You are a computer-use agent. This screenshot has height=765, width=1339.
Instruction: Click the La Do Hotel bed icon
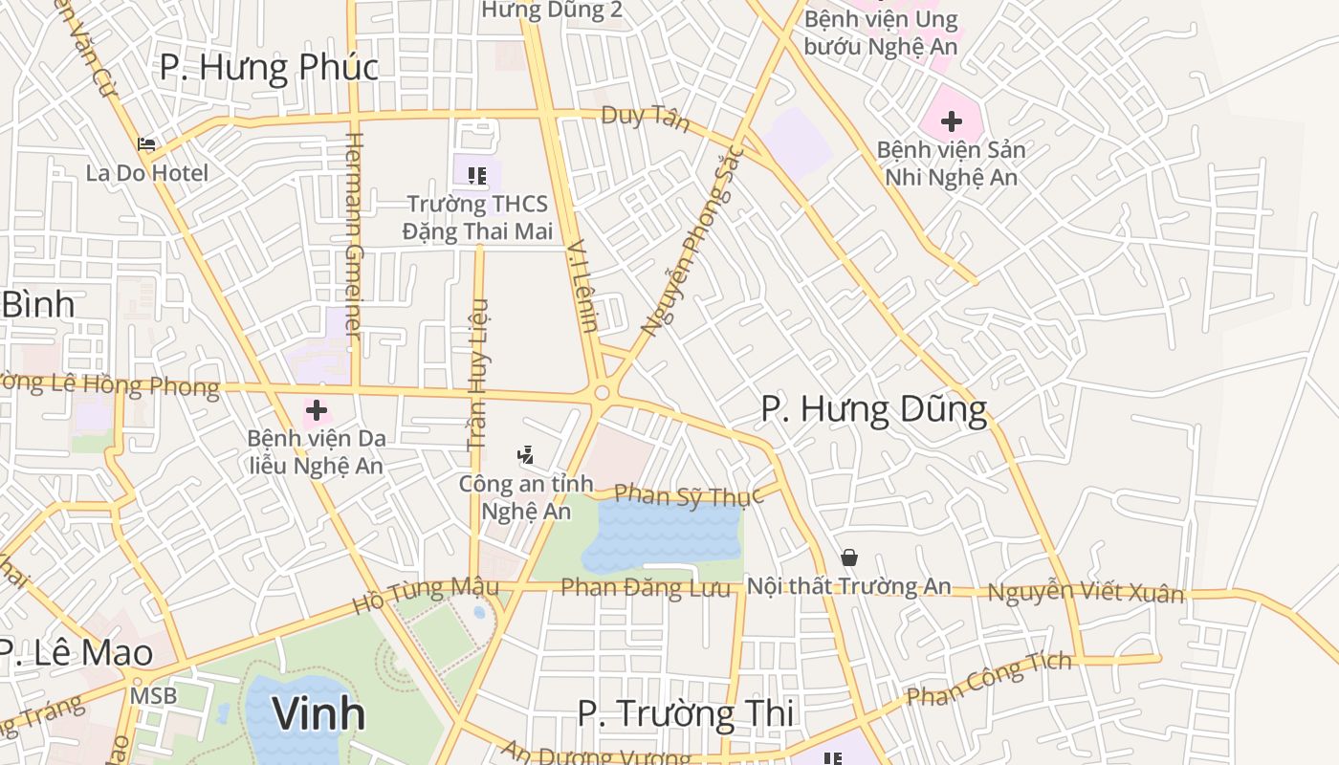pos(146,144)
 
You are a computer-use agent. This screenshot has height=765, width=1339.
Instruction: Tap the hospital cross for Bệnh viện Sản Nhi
pos(951,121)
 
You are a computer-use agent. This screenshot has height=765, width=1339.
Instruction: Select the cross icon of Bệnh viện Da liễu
pos(317,411)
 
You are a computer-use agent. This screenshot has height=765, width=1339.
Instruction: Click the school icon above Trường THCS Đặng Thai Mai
pos(477,175)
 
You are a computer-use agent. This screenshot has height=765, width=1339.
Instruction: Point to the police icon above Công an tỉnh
pos(524,455)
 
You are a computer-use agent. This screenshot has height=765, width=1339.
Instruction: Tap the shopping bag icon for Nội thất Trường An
pos(848,557)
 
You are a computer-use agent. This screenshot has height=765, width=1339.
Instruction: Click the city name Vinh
pos(318,713)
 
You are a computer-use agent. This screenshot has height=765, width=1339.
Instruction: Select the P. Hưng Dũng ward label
pos(873,409)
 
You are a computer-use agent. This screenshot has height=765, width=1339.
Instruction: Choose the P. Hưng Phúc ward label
pos(269,67)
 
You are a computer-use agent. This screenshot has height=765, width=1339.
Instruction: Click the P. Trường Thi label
pos(686,714)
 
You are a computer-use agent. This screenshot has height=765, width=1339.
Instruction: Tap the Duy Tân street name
pos(645,119)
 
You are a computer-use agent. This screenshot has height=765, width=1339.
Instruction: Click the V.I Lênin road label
pos(582,286)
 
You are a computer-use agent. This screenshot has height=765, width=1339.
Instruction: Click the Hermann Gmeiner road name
pos(354,235)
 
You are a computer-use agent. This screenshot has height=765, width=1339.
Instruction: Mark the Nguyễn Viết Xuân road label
pos(1086,593)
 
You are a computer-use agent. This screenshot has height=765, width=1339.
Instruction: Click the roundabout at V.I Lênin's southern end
pos(602,393)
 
